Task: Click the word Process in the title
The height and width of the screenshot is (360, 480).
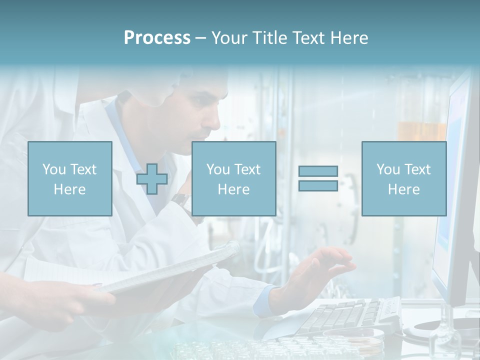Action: [x=157, y=38]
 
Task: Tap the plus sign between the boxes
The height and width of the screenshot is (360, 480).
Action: [x=152, y=179]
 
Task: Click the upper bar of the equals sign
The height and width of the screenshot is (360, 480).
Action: [x=318, y=171]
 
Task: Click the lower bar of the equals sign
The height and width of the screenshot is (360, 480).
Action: [x=318, y=185]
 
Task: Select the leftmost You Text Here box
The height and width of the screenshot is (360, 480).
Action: [x=70, y=179]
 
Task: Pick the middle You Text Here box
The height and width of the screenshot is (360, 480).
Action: [x=233, y=179]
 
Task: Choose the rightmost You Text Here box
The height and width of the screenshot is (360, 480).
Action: [x=403, y=179]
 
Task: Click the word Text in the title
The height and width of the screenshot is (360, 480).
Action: [x=306, y=38]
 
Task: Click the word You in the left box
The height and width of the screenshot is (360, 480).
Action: [x=54, y=169]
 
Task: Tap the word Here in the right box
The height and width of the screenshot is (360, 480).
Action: [x=403, y=189]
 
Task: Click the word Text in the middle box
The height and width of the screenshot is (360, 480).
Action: [x=247, y=169]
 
